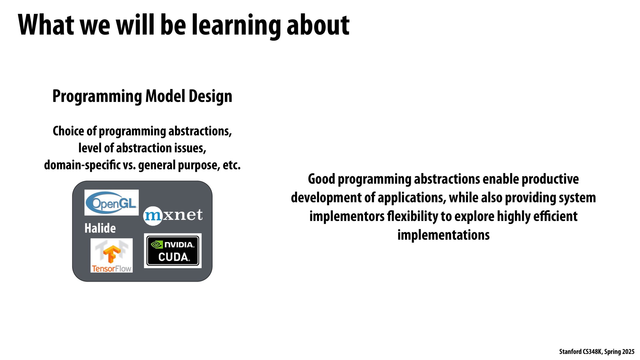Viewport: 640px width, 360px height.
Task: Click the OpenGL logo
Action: tap(111, 202)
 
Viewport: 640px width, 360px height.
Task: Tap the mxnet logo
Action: tap(173, 215)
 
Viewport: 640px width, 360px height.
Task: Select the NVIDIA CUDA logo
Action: tap(173, 251)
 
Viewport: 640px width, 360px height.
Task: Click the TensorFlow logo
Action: tap(112, 255)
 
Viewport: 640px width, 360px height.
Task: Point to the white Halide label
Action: tap(100, 228)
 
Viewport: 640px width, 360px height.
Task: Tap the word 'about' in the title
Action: tap(318, 25)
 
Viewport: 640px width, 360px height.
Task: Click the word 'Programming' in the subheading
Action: tap(97, 97)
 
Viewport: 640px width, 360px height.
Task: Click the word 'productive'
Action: tap(550, 179)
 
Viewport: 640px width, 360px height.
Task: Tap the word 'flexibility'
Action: tap(410, 216)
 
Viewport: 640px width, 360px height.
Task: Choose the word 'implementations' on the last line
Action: tap(443, 235)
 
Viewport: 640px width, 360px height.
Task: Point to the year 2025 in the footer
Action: tap(628, 352)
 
